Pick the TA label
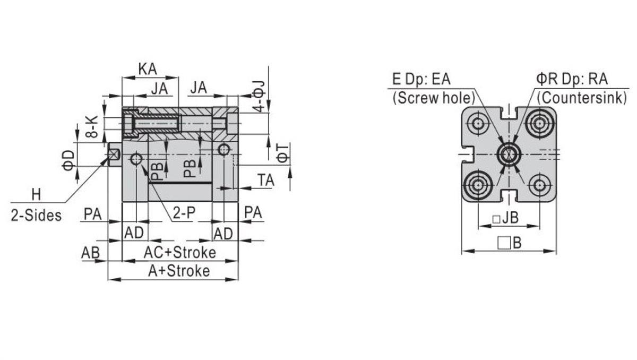266,180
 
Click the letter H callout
36,194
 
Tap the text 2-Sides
36,215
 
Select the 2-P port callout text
184,213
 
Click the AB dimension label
91,252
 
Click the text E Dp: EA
421,80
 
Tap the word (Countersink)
581,98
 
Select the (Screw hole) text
433,98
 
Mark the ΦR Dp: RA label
572,80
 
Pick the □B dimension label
510,243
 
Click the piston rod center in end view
509,154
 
